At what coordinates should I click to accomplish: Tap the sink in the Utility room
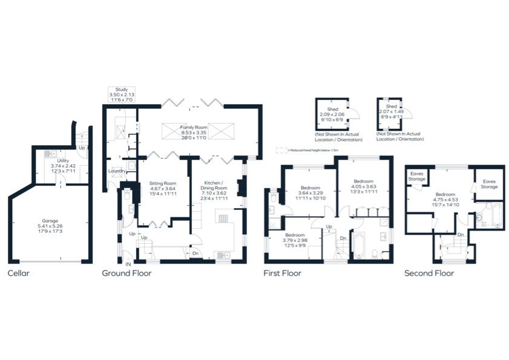[x=50, y=154]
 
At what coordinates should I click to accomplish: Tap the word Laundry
[x=116, y=171]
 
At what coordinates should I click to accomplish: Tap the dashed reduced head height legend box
[x=280, y=149]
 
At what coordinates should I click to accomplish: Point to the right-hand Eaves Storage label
[x=488, y=184]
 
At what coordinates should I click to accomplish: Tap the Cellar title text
[x=18, y=273]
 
